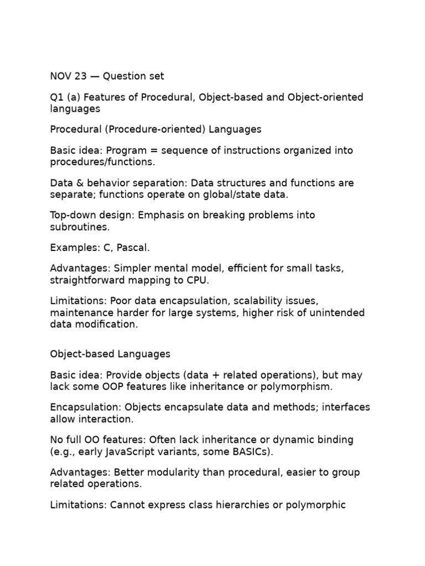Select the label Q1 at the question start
pyautogui.click(x=57, y=97)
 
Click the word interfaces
pyautogui.click(x=344, y=408)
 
